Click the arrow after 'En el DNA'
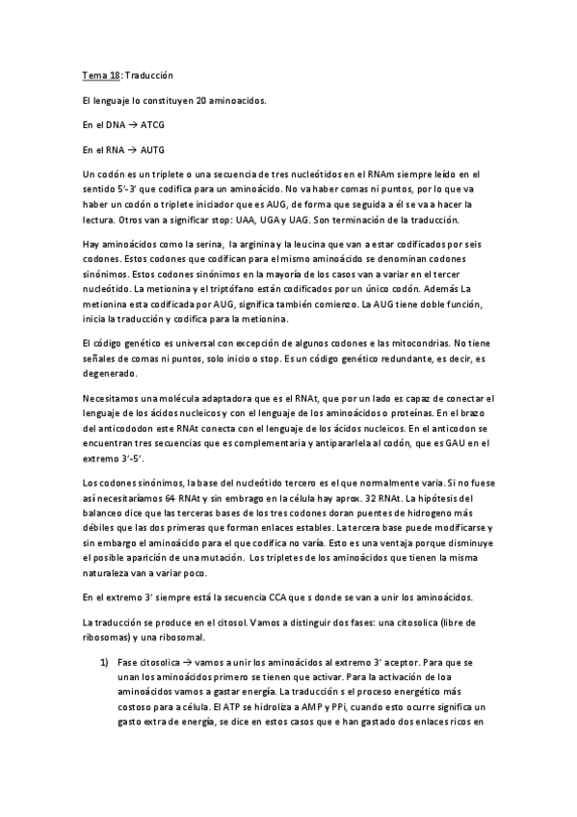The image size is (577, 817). coord(132,124)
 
